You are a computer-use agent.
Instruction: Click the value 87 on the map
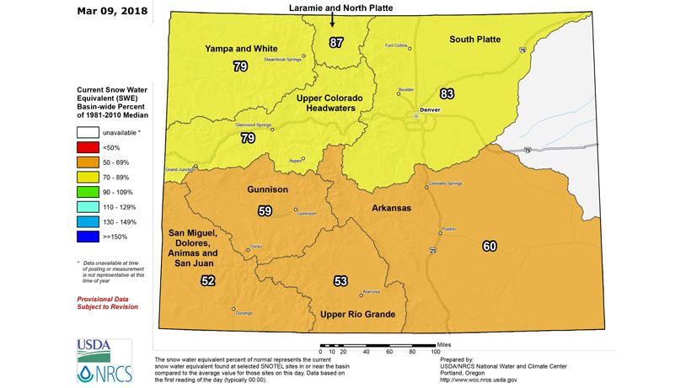tap(336, 41)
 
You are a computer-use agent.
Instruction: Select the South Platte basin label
tap(475, 39)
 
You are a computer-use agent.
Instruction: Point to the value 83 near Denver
tap(447, 93)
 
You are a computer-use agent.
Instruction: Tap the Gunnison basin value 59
tap(265, 211)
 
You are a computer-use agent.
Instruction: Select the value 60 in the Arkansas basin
tap(490, 246)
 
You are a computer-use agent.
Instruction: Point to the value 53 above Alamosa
tap(340, 281)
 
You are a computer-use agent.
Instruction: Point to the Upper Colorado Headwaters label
tap(329, 104)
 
